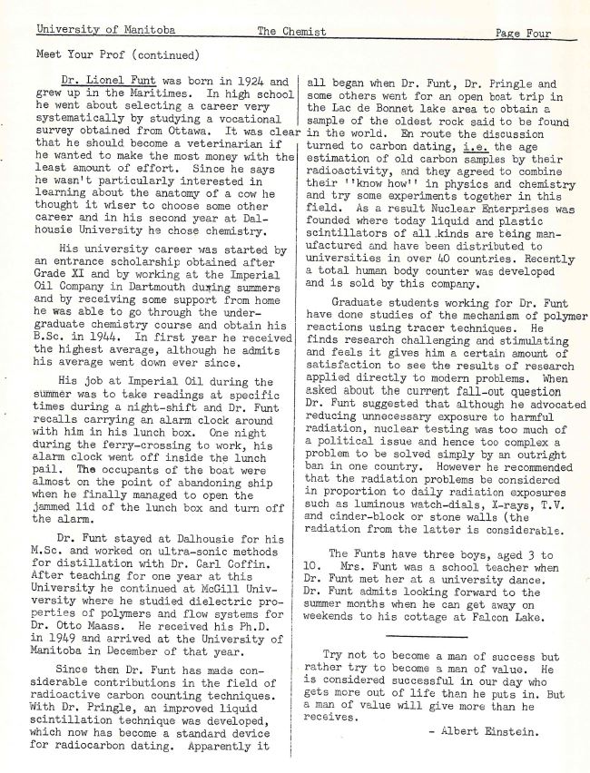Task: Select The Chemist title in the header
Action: pyautogui.click(x=290, y=32)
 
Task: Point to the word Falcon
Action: pyautogui.click(x=492, y=618)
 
